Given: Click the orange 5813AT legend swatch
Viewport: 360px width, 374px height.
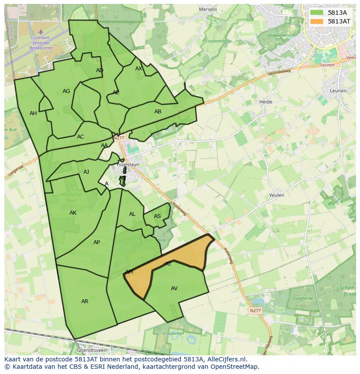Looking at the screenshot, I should (317, 21).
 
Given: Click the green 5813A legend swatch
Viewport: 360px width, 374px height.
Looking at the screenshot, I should (317, 13).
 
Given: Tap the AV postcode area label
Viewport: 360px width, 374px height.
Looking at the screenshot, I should (174, 288).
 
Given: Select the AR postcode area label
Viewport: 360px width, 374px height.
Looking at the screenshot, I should (85, 301).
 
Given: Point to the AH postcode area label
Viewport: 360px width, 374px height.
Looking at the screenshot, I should (33, 113).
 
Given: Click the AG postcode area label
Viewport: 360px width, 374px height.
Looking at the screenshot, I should (66, 91).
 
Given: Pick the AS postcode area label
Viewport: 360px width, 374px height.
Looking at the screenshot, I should (157, 216).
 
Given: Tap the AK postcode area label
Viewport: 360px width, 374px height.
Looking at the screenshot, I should (73, 213).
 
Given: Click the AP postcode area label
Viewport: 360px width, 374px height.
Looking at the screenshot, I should (97, 242).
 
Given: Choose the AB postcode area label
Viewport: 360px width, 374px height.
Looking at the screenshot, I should (158, 112).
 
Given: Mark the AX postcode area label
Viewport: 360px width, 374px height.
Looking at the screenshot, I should (139, 69).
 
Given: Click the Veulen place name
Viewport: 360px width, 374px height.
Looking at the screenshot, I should (277, 195).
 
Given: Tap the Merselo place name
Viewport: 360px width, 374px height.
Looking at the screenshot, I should (207, 9).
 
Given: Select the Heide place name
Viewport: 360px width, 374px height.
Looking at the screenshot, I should (266, 102).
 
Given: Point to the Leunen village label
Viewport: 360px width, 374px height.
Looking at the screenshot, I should (338, 91).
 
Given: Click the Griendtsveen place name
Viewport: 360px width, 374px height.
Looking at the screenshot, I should (91, 350).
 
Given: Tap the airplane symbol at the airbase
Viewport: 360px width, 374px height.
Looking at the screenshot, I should (41, 31).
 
